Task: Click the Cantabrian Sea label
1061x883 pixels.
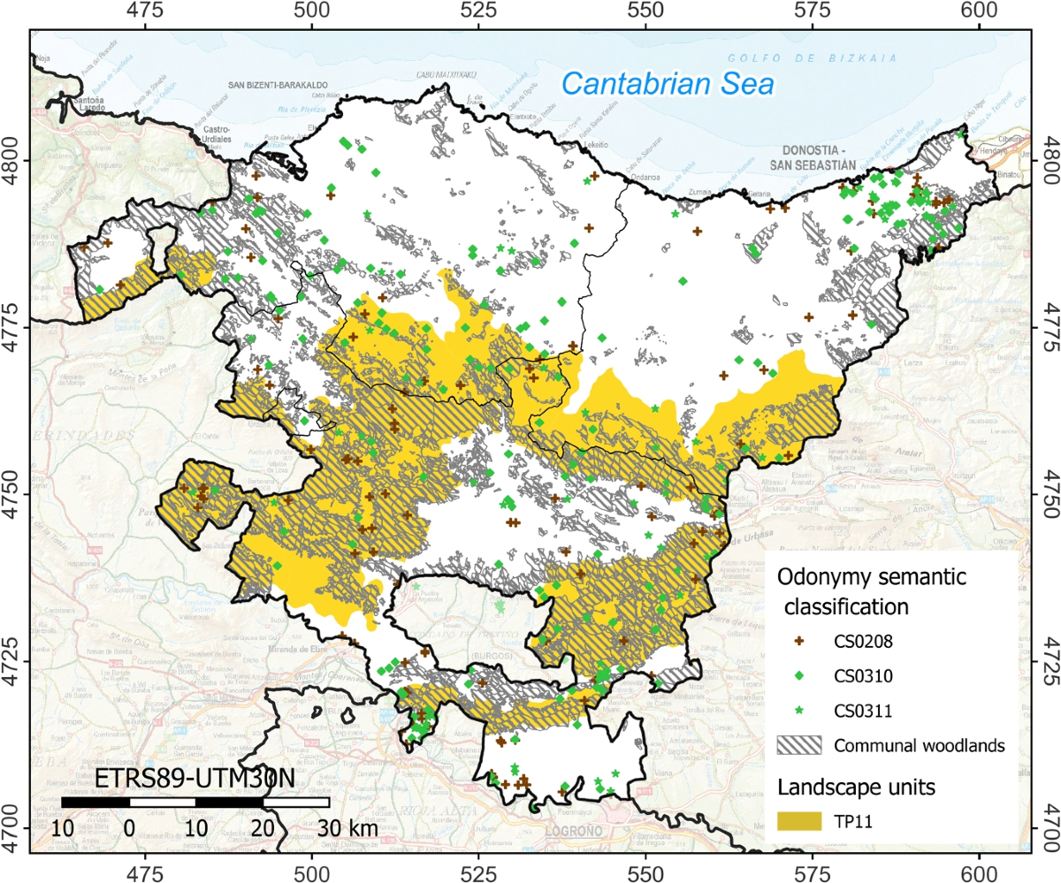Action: tap(668, 85)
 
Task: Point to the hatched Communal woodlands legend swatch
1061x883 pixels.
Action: tap(800, 745)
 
